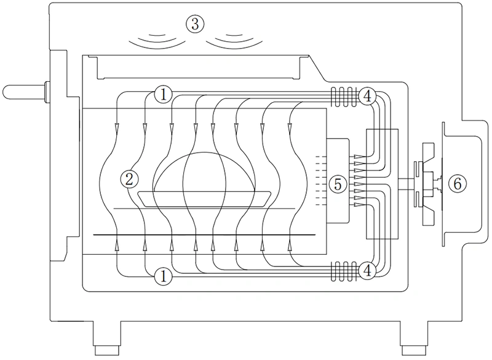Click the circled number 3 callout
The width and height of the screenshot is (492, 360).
194,24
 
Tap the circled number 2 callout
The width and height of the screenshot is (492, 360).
129,179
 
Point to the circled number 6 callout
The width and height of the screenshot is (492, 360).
455,183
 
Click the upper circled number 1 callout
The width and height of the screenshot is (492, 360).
163,94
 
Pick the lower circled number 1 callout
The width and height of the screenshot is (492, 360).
163,276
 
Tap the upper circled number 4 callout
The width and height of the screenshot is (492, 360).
367,95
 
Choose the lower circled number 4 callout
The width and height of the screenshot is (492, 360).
367,270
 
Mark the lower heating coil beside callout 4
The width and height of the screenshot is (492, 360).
344,270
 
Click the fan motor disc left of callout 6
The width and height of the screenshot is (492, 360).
421,183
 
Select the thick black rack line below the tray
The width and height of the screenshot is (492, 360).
203,235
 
